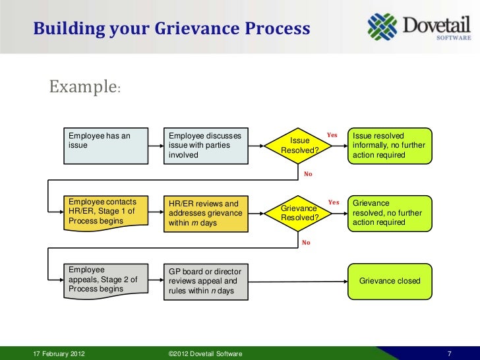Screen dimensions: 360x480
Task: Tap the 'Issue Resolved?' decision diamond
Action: pos(300,146)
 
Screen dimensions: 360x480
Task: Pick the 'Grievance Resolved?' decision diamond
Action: pos(300,213)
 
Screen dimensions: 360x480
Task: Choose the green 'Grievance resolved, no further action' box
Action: pos(390,213)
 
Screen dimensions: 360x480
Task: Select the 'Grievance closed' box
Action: pos(390,281)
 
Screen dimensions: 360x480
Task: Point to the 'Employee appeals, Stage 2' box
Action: pos(105,280)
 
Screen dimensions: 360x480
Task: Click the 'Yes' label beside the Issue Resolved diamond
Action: pos(332,135)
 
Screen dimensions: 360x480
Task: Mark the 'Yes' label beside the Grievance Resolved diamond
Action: pos(334,202)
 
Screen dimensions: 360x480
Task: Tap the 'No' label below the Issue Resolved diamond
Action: pos(307,174)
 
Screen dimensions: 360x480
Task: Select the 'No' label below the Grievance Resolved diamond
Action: pos(306,243)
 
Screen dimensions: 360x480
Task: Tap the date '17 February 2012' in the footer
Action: pos(59,354)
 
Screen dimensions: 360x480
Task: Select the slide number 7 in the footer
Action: pos(449,354)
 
